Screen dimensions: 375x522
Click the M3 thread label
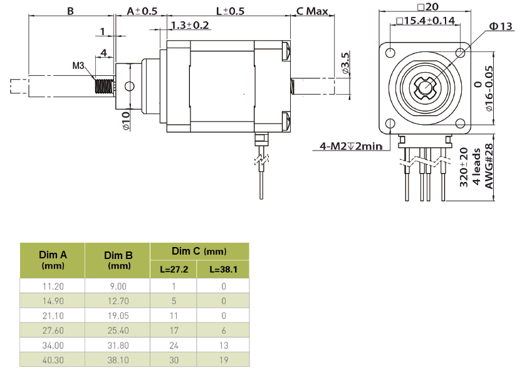pos(78,65)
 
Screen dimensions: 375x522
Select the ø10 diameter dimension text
pos(125,120)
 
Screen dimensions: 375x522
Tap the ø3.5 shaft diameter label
pos(345,64)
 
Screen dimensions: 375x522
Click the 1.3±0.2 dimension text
pos(189,25)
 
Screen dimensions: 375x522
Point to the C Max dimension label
pos(313,11)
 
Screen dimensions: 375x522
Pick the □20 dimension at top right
pos(429,7)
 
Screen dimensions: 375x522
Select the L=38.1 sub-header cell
pos(222,271)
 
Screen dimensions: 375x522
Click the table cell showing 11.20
pos(53,286)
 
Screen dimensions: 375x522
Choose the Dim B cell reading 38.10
pos(118,361)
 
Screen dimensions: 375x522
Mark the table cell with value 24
pos(174,346)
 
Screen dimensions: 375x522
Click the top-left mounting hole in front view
pos(392,52)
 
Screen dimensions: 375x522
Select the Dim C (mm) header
pos(199,251)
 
